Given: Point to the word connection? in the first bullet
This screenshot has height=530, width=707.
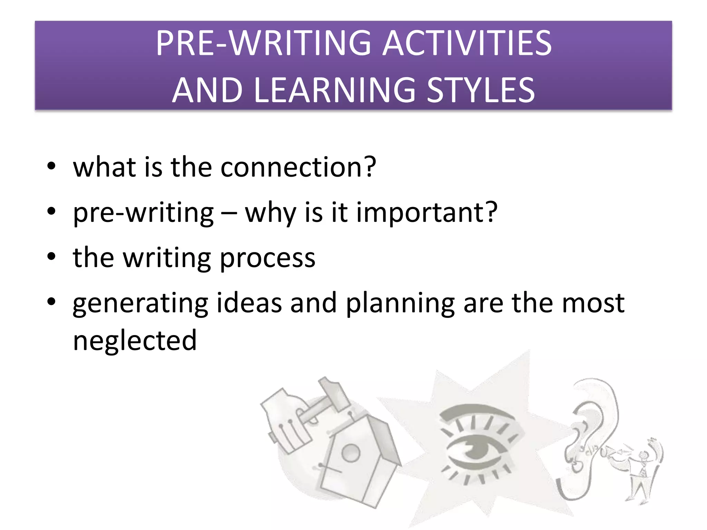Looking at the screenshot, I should click(298, 167).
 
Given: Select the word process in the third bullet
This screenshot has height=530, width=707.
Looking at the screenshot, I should click(268, 258).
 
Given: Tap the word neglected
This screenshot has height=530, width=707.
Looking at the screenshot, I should click(135, 341).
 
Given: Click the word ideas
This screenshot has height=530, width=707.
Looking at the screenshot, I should click(249, 303).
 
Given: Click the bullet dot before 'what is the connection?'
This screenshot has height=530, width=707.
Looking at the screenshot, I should click(51, 166).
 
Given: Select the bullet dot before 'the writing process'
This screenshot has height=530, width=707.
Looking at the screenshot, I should click(51, 257).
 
